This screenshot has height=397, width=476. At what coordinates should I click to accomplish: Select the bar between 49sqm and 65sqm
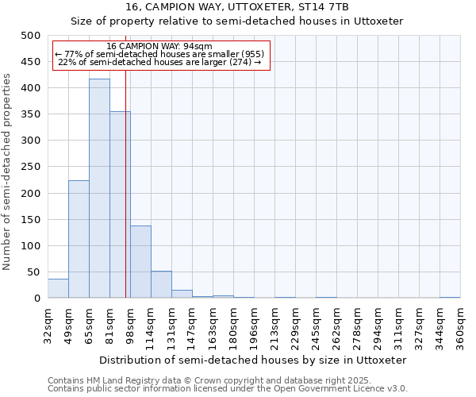point(79,239)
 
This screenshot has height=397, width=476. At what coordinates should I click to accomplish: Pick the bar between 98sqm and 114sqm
point(140,262)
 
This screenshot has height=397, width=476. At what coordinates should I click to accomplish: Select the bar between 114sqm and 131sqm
point(161,285)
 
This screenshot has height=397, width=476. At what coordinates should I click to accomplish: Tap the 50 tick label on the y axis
point(33,272)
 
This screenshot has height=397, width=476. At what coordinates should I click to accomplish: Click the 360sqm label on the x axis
point(460,326)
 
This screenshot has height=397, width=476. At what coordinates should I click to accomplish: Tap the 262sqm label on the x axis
point(336,326)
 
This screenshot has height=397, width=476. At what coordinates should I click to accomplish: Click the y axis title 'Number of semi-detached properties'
point(8,172)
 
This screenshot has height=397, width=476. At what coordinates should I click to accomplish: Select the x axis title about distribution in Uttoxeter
point(258,360)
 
